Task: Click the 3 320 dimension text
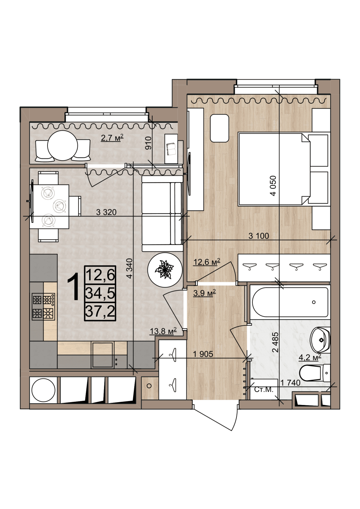point(106,212)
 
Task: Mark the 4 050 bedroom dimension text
point(273,186)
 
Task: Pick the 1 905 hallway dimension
point(203,354)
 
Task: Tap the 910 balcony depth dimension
point(148,143)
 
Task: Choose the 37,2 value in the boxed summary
point(100,311)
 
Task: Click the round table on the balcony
point(63,145)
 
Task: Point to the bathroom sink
point(320,340)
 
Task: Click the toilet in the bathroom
point(315,373)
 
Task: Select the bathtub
point(290,302)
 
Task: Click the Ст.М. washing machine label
point(264,389)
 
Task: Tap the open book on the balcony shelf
point(171,149)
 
